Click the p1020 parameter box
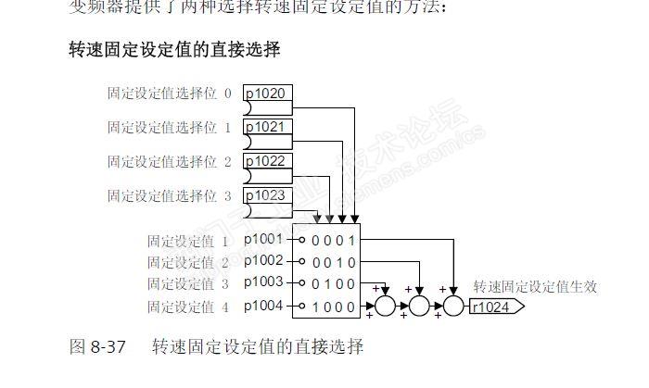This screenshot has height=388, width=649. pyautogui.click(x=268, y=94)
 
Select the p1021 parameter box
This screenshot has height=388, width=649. pyautogui.click(x=268, y=128)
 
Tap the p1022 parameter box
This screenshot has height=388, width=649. pyautogui.click(x=268, y=161)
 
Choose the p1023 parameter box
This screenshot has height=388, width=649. pyautogui.click(x=268, y=195)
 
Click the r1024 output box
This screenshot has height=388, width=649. pyautogui.click(x=495, y=307)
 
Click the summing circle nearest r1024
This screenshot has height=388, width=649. pyautogui.click(x=453, y=306)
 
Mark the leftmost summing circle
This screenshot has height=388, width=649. pyautogui.click(x=386, y=306)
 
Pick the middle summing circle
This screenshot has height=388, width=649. pyautogui.click(x=419, y=306)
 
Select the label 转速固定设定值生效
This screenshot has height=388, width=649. pyautogui.click(x=534, y=287)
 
